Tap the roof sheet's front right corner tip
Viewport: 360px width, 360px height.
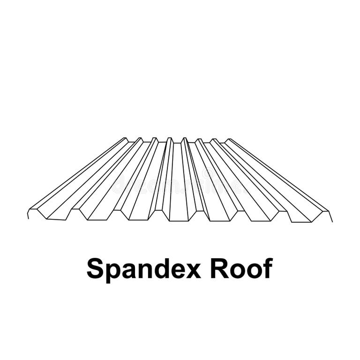click(332, 222)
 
